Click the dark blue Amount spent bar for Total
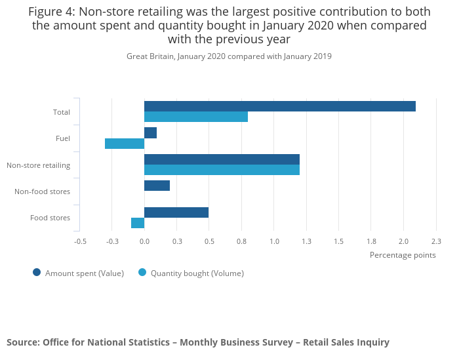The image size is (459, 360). (280, 106)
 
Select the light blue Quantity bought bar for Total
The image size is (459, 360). (196, 117)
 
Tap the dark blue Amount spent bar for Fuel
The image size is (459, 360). (150, 132)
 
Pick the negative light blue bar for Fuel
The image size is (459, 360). (125, 144)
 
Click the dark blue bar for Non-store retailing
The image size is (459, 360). (222, 159)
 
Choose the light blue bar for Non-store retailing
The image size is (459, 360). (222, 170)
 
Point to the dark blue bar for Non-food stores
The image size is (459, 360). (157, 186)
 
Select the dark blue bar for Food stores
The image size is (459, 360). (176, 212)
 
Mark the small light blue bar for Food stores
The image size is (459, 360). (138, 223)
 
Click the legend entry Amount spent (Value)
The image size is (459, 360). (84, 273)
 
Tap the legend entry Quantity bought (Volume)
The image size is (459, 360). (197, 273)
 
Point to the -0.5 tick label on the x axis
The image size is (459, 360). (80, 241)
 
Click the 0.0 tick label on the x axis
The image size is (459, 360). (144, 241)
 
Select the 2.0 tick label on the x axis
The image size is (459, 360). (403, 241)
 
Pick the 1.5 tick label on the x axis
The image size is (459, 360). (338, 241)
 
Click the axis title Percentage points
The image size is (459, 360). (403, 255)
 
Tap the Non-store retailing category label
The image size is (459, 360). (39, 165)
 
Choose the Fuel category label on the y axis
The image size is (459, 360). (63, 138)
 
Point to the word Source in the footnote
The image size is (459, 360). (22, 342)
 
